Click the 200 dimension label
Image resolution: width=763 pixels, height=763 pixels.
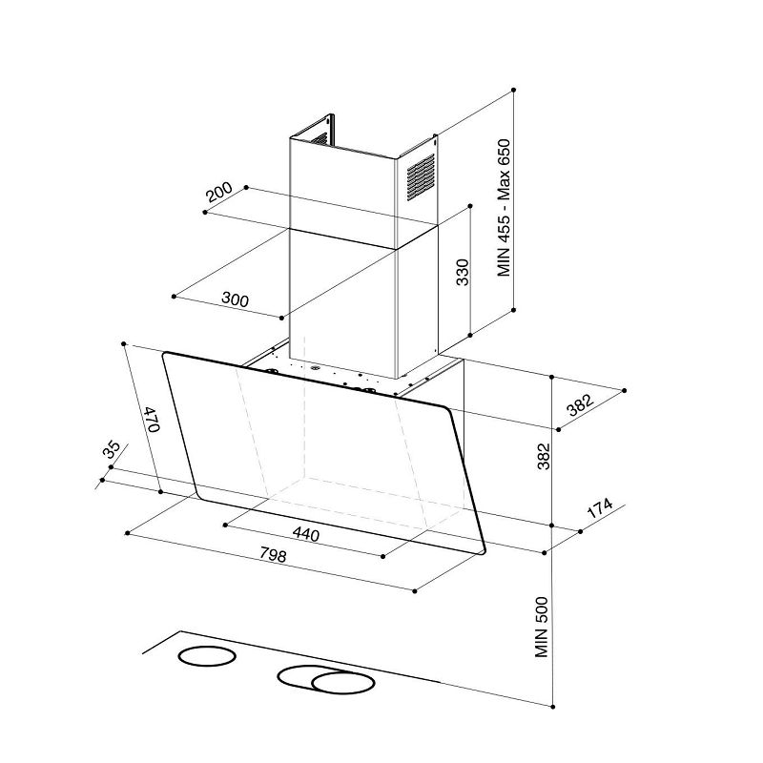(219, 194)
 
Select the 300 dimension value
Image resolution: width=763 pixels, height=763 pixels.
(235, 299)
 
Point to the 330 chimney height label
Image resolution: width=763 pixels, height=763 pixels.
(463, 272)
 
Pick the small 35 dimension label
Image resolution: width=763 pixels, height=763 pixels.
(112, 451)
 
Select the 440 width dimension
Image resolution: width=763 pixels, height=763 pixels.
(305, 534)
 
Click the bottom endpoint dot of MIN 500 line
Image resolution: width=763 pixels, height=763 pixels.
(553, 706)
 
